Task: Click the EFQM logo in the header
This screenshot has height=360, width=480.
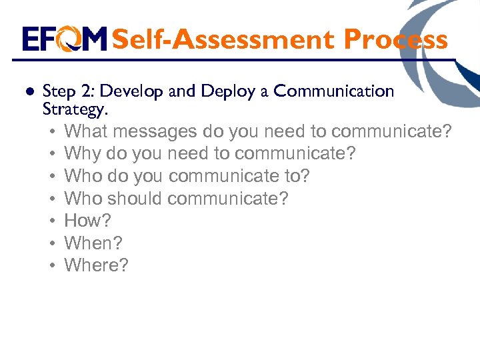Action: coord(64,39)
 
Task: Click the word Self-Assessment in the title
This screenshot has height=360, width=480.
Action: coord(224,39)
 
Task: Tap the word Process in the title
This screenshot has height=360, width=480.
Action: coord(395,39)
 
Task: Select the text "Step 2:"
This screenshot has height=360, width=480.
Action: coord(64,91)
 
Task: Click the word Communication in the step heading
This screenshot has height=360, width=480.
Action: coord(334,91)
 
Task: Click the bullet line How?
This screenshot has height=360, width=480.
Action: coord(87,221)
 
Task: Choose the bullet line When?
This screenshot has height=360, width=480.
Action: coord(93,243)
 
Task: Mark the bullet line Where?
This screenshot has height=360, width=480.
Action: coord(96,265)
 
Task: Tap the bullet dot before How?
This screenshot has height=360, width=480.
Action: coord(51,221)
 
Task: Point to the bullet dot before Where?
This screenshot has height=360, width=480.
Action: coord(51,266)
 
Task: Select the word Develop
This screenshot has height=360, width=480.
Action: coord(133,91)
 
